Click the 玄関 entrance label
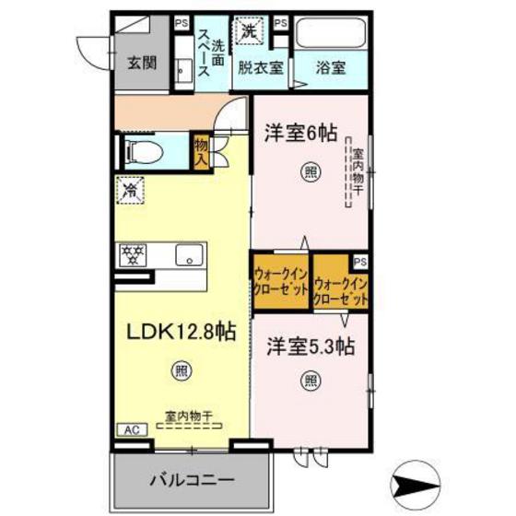tap(142, 63)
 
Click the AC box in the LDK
tap(133, 428)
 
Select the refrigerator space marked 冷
tap(130, 193)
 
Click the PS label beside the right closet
tap(360, 261)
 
